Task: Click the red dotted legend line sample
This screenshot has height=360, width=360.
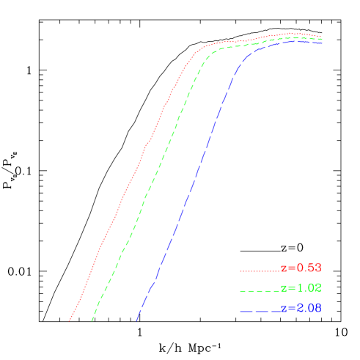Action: coord(260,270)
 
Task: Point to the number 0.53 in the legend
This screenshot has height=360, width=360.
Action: coord(308,268)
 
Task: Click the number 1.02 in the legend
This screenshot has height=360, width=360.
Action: coord(308,288)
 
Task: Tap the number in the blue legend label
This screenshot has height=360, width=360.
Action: coord(308,309)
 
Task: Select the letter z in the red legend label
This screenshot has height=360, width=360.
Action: coord(284,268)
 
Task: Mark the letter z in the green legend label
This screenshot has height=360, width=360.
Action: coord(284,289)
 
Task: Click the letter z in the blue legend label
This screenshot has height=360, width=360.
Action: coord(284,309)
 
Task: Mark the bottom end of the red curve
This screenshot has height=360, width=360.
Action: coord(70,320)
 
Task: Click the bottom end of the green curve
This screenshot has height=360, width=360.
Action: coord(92,320)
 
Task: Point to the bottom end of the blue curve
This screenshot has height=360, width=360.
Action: coord(136,320)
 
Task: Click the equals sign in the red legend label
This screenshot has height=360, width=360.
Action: coord(290,268)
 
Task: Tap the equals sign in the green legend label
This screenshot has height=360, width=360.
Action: coord(290,289)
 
